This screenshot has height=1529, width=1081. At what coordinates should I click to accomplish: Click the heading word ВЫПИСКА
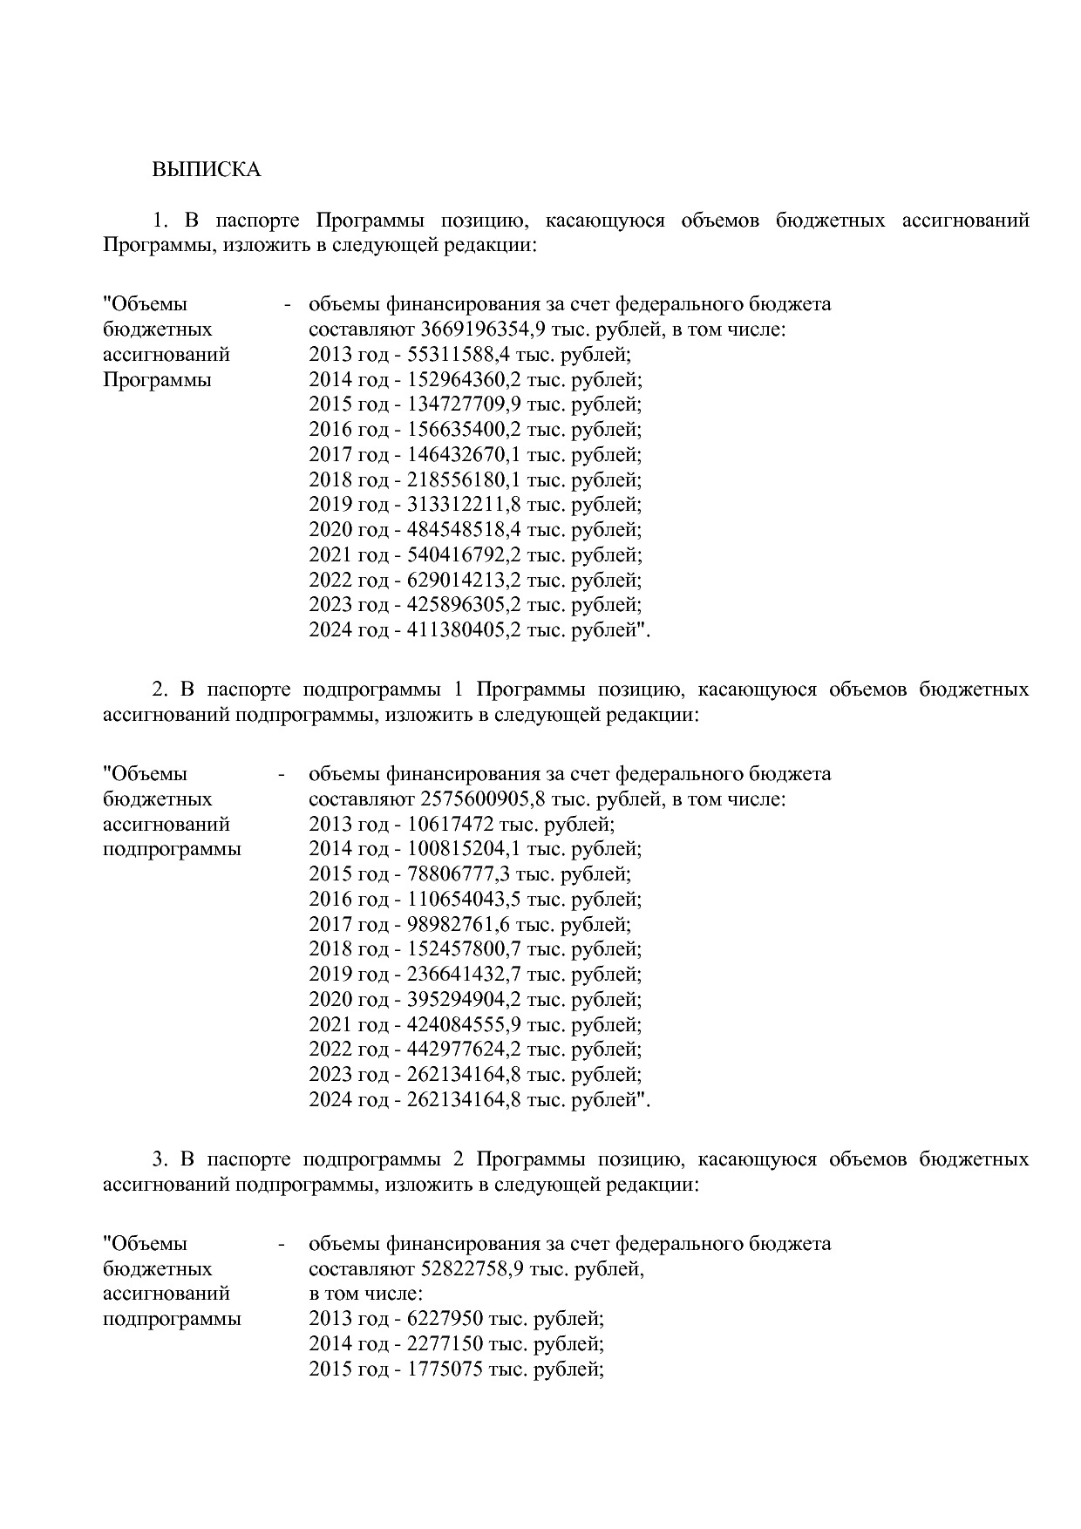207,169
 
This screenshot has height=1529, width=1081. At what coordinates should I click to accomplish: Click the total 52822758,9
474,1268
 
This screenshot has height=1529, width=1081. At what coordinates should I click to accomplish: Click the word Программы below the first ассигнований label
157,380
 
